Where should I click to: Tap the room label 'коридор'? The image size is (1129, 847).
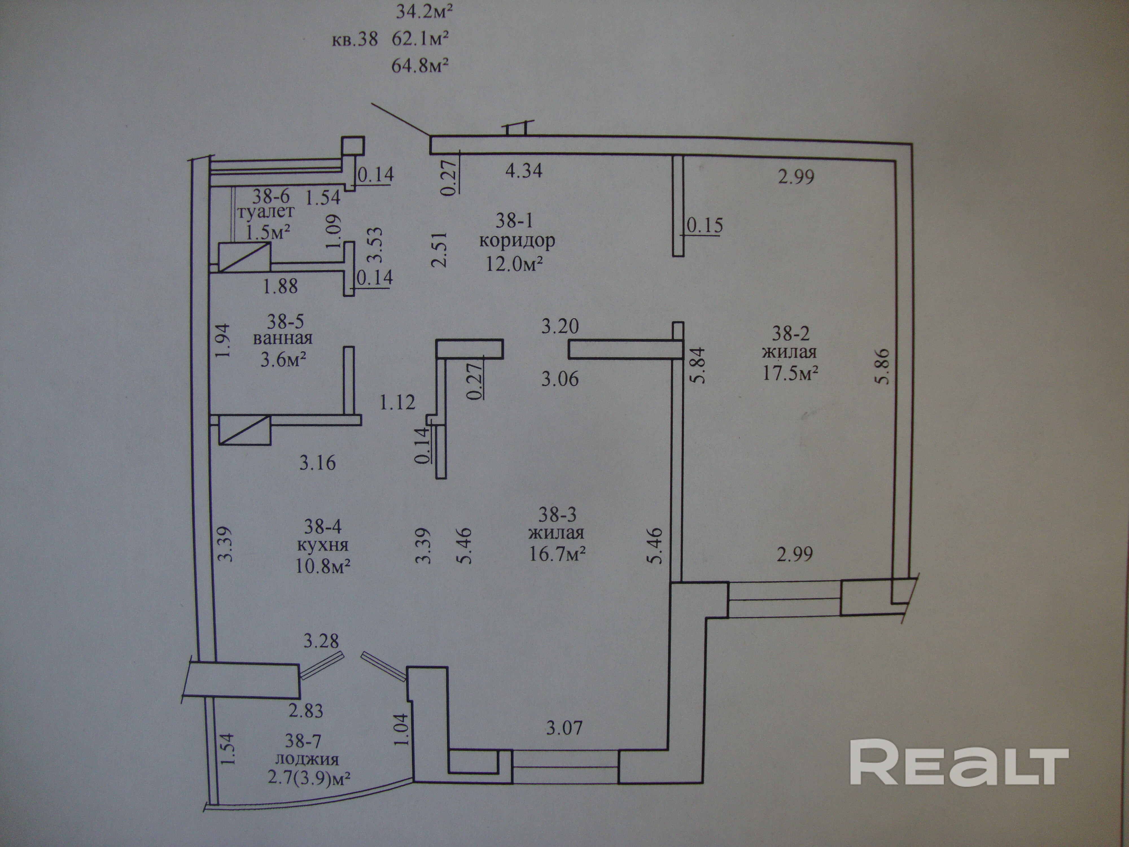pyautogui.click(x=517, y=241)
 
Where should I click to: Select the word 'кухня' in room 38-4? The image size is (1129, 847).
pyautogui.click(x=323, y=545)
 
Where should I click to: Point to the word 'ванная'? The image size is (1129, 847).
pyautogui.click(x=283, y=338)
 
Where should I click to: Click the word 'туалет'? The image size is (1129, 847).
pyautogui.click(x=265, y=211)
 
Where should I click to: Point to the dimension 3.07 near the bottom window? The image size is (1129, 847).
pyautogui.click(x=564, y=728)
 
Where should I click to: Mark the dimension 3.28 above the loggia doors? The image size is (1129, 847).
pyautogui.click(x=321, y=641)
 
